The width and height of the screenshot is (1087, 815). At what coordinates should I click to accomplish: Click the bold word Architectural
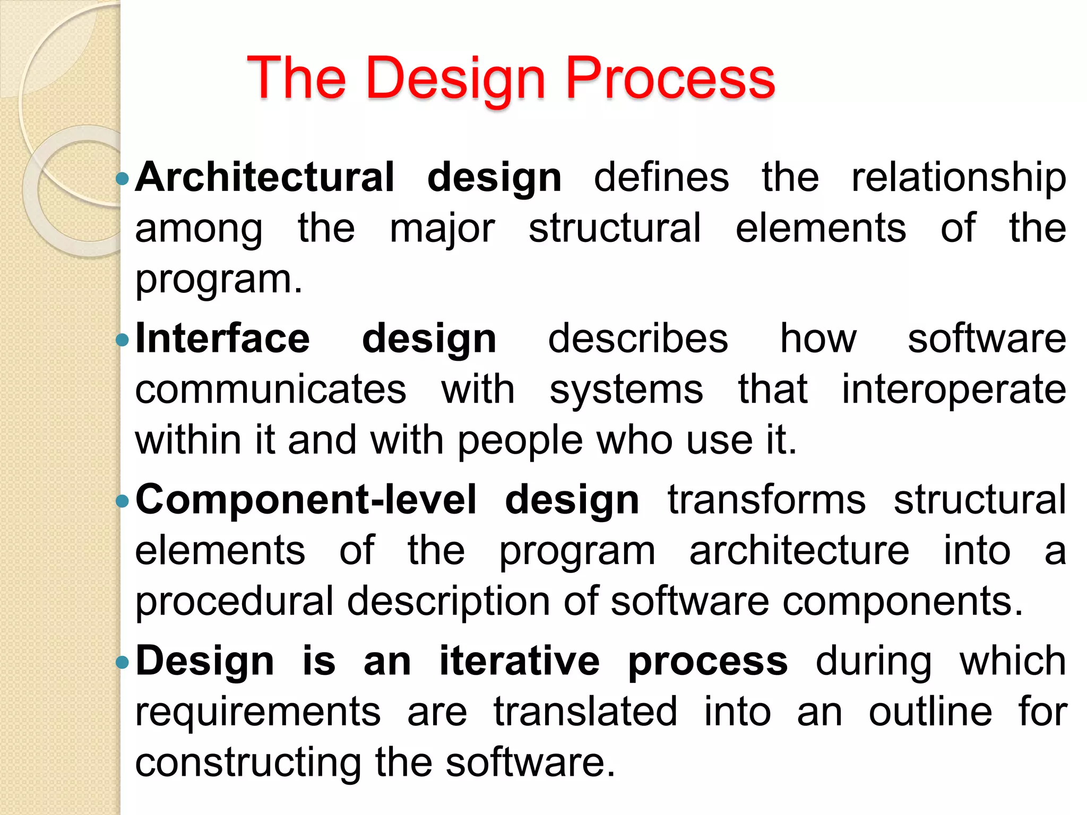265,177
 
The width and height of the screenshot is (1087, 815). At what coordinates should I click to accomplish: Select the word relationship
959,177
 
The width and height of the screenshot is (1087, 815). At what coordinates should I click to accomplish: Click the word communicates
271,389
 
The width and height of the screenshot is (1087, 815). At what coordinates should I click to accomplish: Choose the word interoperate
954,389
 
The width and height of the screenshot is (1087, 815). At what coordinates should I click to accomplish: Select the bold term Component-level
306,500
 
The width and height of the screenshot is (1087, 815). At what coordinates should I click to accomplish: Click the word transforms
766,500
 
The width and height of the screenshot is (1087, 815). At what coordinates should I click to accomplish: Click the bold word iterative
520,661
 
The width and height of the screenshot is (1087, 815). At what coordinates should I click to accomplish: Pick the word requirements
258,712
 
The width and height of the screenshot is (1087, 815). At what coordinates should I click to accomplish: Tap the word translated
585,712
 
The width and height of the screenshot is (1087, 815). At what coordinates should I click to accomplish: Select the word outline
930,712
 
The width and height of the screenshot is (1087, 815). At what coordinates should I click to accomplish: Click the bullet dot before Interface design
122,340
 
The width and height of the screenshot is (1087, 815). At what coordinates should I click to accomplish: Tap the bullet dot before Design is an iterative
122,662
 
